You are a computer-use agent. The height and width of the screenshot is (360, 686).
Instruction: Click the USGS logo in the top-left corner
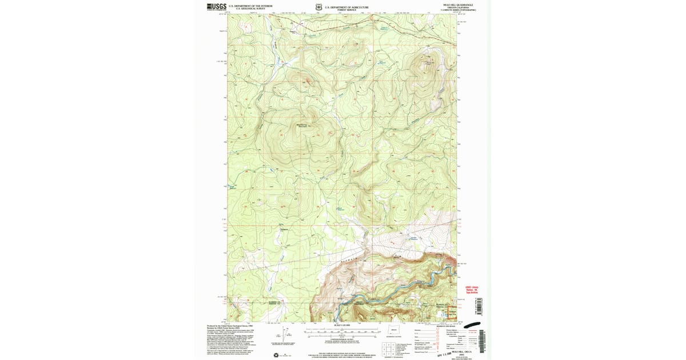coord(217,7)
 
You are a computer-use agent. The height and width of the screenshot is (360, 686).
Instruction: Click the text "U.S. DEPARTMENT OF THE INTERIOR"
coord(250,6)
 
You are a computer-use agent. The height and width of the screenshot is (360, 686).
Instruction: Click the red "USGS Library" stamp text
coord(472,287)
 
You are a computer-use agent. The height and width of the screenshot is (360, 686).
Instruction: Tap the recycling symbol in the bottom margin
coord(278,354)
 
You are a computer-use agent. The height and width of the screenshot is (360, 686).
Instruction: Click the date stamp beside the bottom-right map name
coord(433,354)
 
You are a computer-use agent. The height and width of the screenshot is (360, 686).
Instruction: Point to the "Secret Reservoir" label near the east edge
coord(415,238)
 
